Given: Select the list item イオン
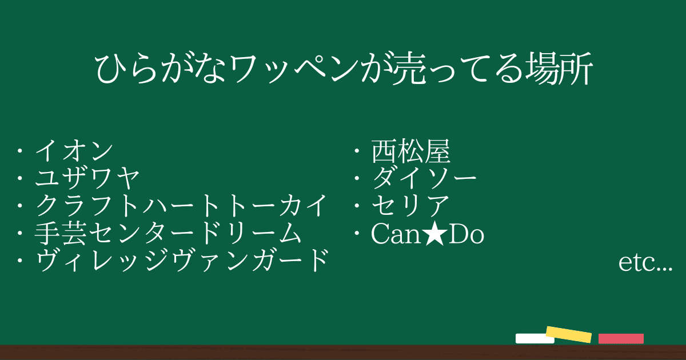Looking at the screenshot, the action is pyautogui.click(x=74, y=151).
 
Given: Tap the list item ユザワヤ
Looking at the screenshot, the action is pyautogui.click(x=87, y=178).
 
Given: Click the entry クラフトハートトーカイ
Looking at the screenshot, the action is pyautogui.click(x=181, y=205).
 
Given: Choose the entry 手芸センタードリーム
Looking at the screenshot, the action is pyautogui.click(x=168, y=233).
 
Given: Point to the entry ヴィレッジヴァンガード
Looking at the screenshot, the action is pyautogui.click(x=182, y=261).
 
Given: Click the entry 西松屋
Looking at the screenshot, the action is pyautogui.click(x=410, y=151).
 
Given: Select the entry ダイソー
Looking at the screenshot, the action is pyautogui.click(x=424, y=178).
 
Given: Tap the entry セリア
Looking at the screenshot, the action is pyautogui.click(x=410, y=205).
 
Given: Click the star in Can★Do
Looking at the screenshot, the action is pyautogui.click(x=435, y=234).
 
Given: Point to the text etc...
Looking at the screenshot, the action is pyautogui.click(x=645, y=263).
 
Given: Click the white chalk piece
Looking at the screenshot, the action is pyautogui.click(x=535, y=338).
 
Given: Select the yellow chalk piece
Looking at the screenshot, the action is pyautogui.click(x=569, y=335).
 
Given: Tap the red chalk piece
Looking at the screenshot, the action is pyautogui.click(x=621, y=338).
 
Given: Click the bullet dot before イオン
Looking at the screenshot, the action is pyautogui.click(x=20, y=151).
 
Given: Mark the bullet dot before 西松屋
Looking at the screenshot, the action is pyautogui.click(x=357, y=151).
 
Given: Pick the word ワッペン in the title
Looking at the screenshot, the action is pyautogui.click(x=293, y=69).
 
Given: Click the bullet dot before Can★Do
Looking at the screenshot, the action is pyautogui.click(x=357, y=234).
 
